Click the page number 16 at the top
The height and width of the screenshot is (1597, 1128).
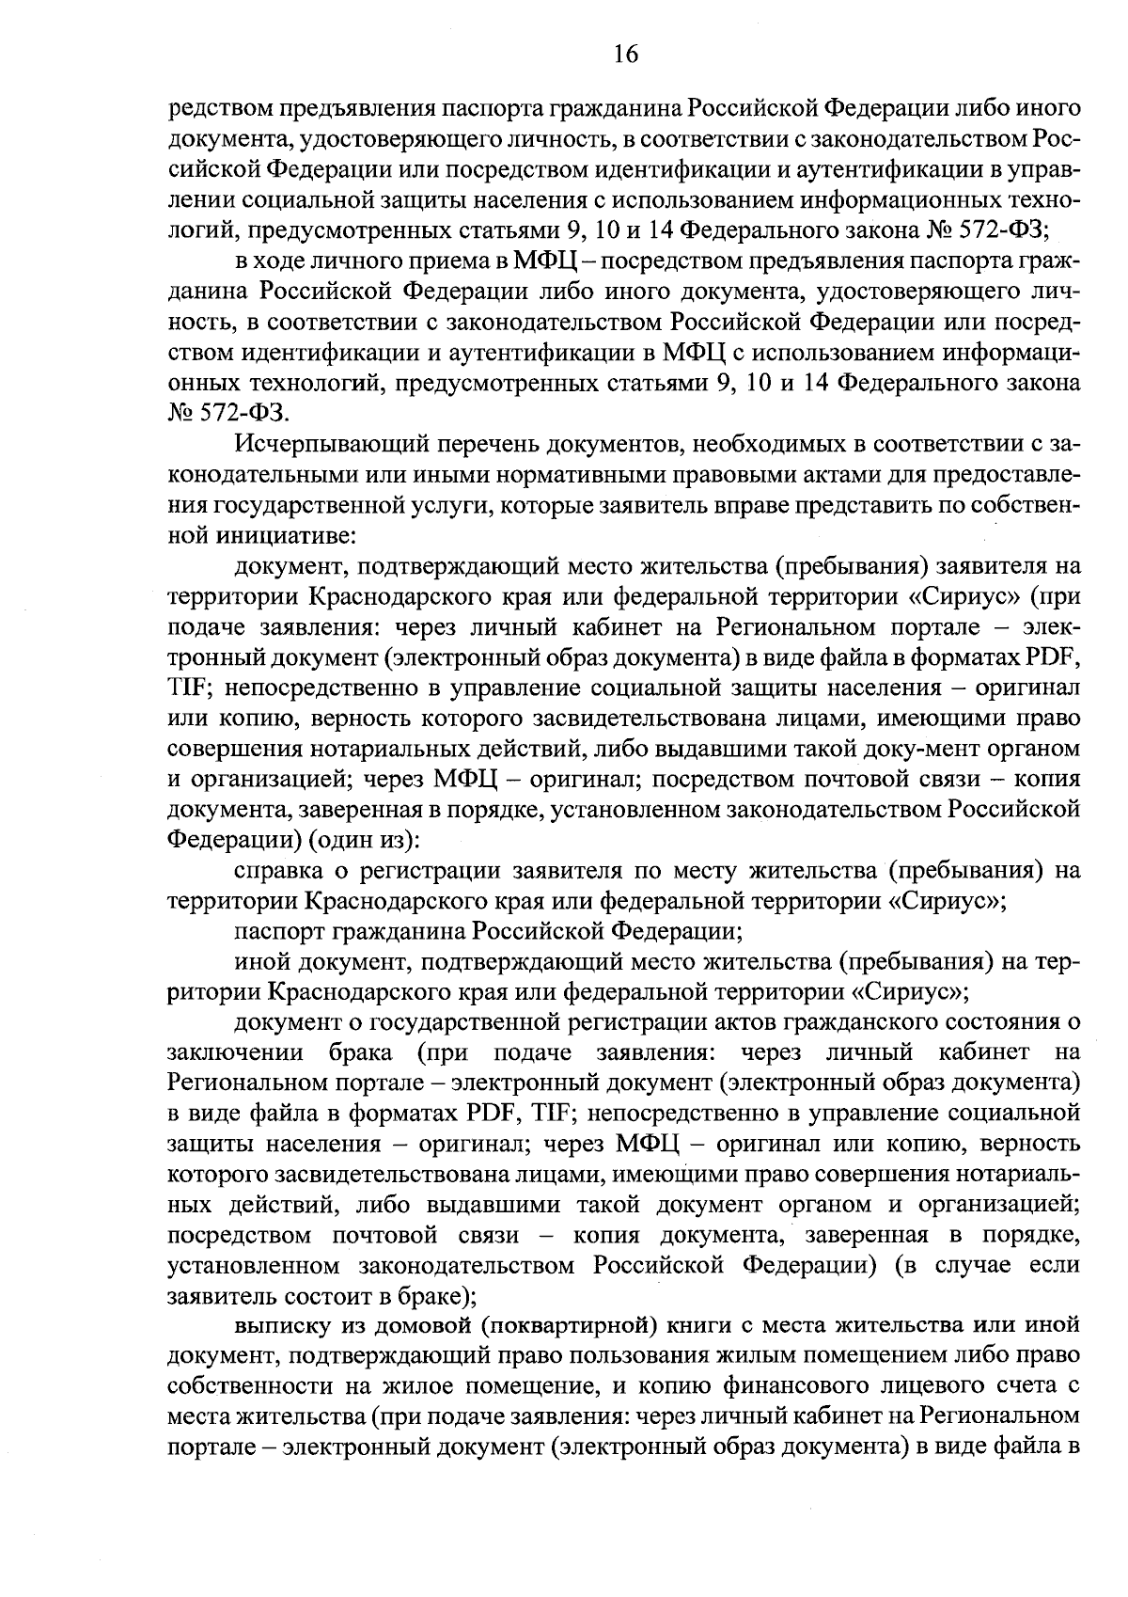(626, 54)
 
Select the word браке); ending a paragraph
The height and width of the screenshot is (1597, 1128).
(432, 1296)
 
